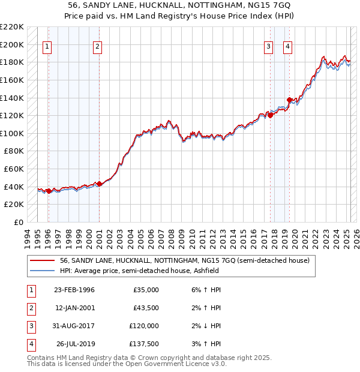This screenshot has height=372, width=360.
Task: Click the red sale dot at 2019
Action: [289, 100]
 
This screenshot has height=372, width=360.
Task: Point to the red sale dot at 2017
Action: [270, 116]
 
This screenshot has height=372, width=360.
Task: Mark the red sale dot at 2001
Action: [99, 184]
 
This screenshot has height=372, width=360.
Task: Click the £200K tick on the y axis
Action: [13, 44]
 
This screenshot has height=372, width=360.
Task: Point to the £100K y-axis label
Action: [13, 133]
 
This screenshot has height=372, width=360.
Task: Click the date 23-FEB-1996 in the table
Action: [74, 290]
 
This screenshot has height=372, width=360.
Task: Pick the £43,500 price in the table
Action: [146, 308]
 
